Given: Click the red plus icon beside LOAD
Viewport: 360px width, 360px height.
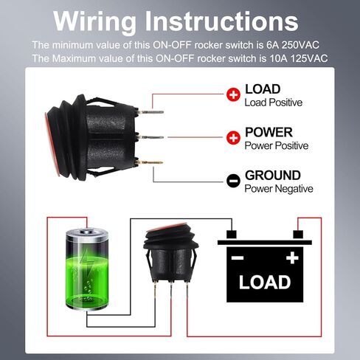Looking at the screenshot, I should (x=233, y=94).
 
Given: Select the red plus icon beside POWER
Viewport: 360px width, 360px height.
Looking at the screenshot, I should (x=233, y=137).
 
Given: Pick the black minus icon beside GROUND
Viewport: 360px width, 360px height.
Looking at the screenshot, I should (x=233, y=180).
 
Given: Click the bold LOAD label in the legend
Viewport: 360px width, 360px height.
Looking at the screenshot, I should (x=263, y=89).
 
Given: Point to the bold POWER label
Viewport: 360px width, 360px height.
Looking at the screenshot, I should (x=269, y=132).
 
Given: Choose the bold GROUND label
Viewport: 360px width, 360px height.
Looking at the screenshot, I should (x=273, y=175).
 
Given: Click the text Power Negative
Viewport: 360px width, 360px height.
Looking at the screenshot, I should (x=279, y=189).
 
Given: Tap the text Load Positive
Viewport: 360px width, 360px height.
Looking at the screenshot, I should (x=273, y=103).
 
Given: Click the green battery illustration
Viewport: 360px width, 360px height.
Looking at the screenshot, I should (x=86, y=269).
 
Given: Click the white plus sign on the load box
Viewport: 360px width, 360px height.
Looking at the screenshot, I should (x=293, y=257).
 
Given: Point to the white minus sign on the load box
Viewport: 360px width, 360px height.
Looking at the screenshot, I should (x=238, y=258).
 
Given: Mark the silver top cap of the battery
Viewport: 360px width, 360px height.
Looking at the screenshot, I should (x=86, y=233).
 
